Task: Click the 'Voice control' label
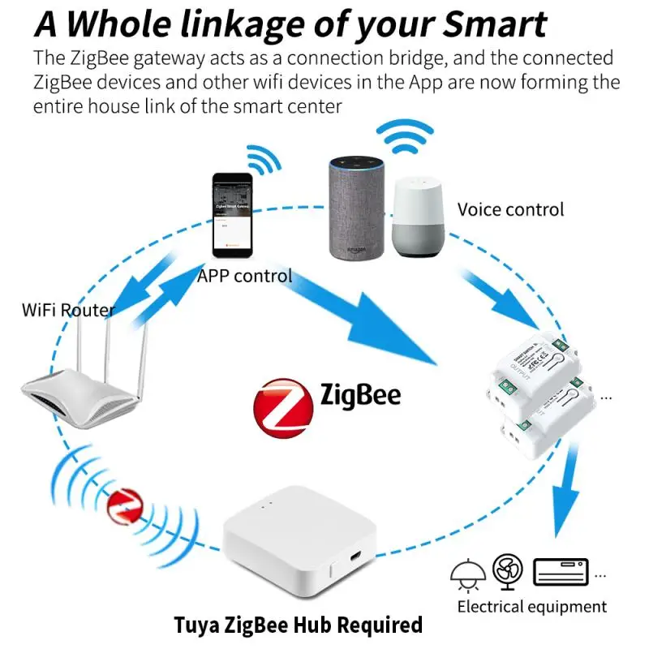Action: [510, 209]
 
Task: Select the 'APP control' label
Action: [244, 276]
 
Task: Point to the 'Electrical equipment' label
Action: [531, 606]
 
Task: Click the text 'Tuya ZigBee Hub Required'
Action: [299, 625]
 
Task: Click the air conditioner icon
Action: [560, 572]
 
